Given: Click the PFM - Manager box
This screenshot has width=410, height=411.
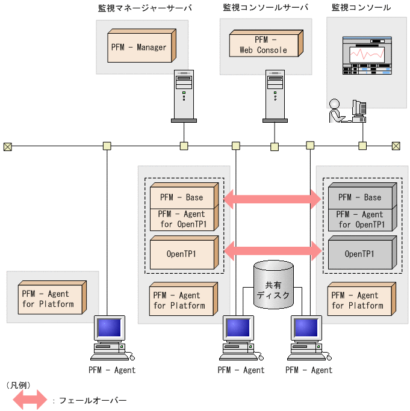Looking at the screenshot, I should click(139, 47).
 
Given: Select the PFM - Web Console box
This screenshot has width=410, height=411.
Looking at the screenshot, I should click(263, 45).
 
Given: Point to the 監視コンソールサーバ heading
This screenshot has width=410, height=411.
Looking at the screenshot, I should click(266, 8).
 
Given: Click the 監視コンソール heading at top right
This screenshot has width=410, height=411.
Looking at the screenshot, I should click(361, 8).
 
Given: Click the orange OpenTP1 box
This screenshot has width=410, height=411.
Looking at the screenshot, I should click(182, 253).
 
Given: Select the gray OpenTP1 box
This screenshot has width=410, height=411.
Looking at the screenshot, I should click(359, 253).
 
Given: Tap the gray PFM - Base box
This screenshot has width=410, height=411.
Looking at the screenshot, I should click(359, 197).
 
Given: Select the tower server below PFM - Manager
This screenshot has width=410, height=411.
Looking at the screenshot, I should click(184, 96).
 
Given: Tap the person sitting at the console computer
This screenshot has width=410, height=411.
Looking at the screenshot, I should click(336, 111).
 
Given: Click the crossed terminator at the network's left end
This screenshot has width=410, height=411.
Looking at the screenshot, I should click(8, 146).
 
